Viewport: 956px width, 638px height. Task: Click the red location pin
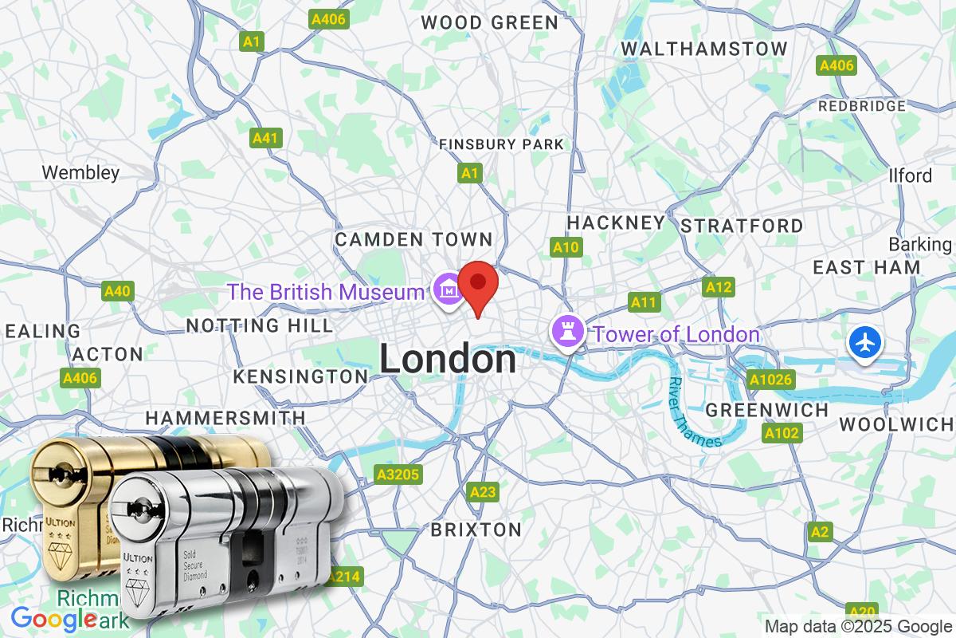click(x=479, y=287)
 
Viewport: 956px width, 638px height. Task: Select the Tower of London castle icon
click(x=567, y=332)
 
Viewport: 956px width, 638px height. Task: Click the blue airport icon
click(x=865, y=343)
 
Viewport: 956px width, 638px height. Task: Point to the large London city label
click(x=448, y=360)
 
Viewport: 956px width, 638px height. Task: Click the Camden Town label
click(x=414, y=239)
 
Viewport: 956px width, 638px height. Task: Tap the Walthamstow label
click(x=704, y=49)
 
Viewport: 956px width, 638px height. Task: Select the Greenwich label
click(x=768, y=410)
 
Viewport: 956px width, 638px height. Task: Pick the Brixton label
click(x=476, y=529)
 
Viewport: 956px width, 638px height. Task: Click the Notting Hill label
click(x=260, y=325)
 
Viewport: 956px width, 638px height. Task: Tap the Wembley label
click(x=80, y=172)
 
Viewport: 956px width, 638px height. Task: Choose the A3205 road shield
click(x=398, y=475)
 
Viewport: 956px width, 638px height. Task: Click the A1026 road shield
click(x=770, y=380)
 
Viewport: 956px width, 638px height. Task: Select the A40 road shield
click(x=117, y=292)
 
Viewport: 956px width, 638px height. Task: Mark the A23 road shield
click(x=483, y=492)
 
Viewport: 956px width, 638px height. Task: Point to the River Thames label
click(x=695, y=411)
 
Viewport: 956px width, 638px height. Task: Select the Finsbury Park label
click(x=501, y=144)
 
